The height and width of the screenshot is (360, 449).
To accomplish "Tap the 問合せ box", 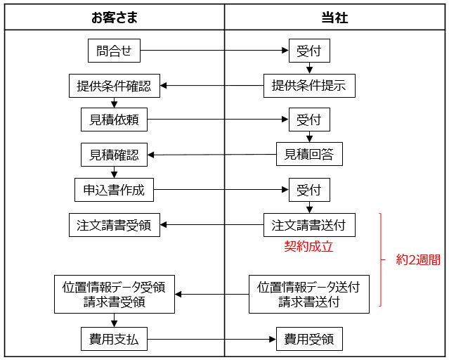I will [x=115, y=51].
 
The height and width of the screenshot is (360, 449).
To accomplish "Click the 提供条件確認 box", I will [x=115, y=86].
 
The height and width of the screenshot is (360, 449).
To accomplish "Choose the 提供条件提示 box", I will [x=309, y=86].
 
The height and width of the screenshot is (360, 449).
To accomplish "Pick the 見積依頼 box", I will [x=115, y=120].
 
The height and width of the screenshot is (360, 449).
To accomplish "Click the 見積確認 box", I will [x=115, y=155].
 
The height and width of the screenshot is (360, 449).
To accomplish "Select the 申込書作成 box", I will [x=115, y=190].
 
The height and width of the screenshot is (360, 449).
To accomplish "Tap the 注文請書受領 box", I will [x=115, y=225].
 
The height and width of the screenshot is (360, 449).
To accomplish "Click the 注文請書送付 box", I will [x=309, y=225].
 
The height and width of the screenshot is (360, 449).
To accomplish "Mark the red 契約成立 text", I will [x=308, y=247].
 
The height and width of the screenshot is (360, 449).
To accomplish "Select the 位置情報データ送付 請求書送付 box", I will [x=309, y=295].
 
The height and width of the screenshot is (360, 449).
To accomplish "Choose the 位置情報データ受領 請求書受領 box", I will [x=115, y=295].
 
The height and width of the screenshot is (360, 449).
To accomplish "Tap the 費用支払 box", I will [x=115, y=340].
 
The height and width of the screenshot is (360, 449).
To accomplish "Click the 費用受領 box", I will [x=309, y=340].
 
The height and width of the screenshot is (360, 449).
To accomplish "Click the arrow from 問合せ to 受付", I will [x=211, y=51].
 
